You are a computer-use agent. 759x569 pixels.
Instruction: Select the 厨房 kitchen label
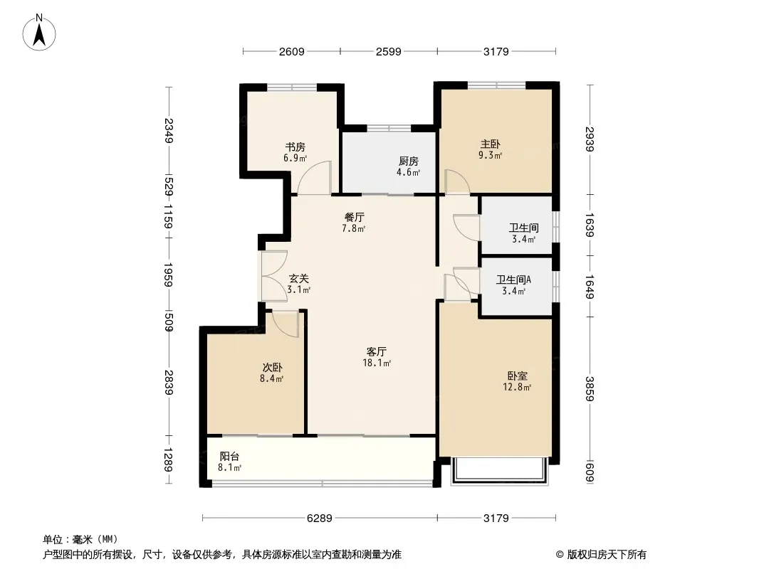point(408,161)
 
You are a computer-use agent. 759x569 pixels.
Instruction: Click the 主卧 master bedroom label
point(491,143)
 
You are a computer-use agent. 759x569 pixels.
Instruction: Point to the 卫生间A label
point(513,280)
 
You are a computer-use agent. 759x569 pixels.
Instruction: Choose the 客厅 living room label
point(377,351)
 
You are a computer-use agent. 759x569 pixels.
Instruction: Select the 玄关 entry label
point(298,279)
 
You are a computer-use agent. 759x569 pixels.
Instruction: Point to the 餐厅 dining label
point(354,217)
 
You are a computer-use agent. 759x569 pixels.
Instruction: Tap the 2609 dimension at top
point(291,51)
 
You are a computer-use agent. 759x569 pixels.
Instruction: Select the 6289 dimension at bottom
point(320,519)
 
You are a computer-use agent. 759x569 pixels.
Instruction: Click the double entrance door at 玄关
point(272,277)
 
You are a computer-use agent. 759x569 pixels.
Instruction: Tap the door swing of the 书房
point(315,178)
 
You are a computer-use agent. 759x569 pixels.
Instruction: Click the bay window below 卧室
point(498,472)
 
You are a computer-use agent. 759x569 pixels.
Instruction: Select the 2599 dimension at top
point(389,51)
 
